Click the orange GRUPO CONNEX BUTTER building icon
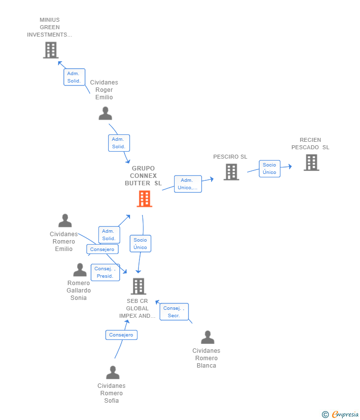tap(144, 199)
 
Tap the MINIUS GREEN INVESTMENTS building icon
tap(51, 50)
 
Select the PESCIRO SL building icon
tap(231, 172)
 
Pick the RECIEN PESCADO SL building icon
tap(312, 163)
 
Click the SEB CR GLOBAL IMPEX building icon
tap(138, 286)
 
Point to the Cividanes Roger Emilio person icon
tap(105, 113)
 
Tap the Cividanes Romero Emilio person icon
tap(65, 220)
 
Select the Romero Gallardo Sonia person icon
tap(80, 270)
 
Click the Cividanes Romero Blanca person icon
tap(208, 337)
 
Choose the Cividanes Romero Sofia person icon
tap(113, 373)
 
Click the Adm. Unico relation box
tap(188, 184)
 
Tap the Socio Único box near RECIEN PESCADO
tap(270, 169)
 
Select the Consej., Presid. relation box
tap(105, 272)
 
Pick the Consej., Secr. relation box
tap(174, 312)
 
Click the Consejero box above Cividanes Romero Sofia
tap(122, 335)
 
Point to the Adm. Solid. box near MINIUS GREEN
tap(74, 77)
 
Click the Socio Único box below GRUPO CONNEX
tap(140, 244)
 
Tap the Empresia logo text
tap(345, 415)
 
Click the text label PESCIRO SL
tap(230, 157)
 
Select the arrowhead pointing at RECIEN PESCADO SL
tap(290, 167)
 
